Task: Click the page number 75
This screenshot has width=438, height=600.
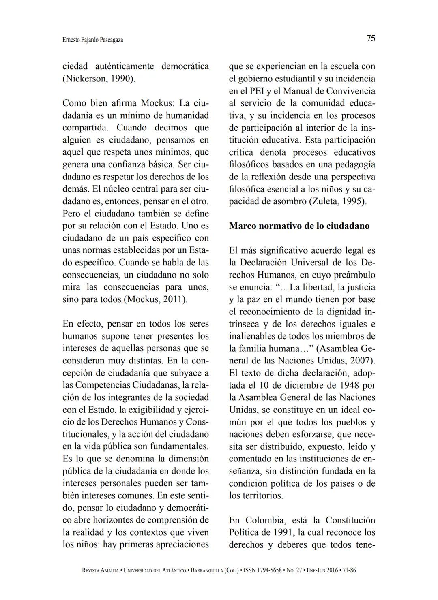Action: click(371, 38)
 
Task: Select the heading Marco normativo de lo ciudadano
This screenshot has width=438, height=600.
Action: click(299, 226)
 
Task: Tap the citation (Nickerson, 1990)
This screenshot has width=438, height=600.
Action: click(99, 78)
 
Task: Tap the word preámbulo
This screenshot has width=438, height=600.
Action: click(354, 275)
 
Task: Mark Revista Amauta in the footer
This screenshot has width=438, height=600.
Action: click(100, 570)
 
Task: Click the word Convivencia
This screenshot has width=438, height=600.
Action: click(351, 91)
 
